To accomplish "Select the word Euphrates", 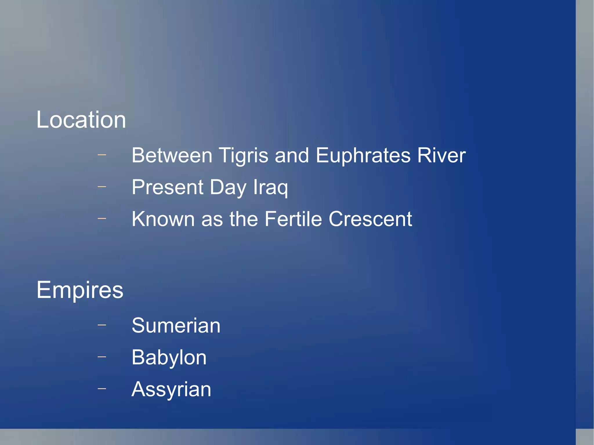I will click(363, 156).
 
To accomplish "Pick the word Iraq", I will click(271, 188).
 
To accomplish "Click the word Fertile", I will click(293, 219).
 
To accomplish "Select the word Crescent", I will click(370, 219).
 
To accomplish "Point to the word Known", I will click(163, 219).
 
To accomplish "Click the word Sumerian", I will click(176, 325).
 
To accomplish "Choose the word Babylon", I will click(169, 357).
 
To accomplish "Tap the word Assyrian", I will click(171, 389).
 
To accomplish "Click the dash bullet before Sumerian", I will click(102, 325).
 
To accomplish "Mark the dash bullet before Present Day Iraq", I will click(102, 187).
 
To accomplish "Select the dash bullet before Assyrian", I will click(102, 388).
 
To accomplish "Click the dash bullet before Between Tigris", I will click(102, 155).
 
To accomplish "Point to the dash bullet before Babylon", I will click(102, 357).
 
